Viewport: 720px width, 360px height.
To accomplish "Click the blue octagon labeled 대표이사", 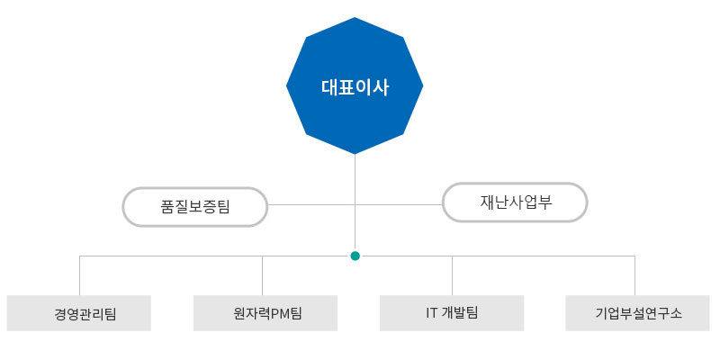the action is [355, 85].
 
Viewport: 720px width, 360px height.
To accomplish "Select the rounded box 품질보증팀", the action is [194, 207].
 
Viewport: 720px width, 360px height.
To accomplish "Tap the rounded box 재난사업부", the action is [515, 202].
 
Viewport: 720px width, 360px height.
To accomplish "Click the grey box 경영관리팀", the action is [79, 313].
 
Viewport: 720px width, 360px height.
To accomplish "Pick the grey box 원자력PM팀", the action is [265, 313].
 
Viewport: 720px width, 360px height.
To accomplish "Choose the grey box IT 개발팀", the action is [452, 313].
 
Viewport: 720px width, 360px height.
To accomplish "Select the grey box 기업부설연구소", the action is [637, 313].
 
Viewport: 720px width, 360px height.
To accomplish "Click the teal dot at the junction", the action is [355, 256].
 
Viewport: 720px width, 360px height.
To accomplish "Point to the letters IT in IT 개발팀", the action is [431, 312].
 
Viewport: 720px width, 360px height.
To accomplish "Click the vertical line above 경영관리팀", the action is [80, 275].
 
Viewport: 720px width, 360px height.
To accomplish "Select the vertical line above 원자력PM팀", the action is [262, 275].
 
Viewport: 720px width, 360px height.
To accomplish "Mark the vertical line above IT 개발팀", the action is [453, 275].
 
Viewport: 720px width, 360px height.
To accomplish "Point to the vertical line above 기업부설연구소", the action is [635, 275].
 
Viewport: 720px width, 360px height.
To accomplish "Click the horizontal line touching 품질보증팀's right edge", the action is [311, 205].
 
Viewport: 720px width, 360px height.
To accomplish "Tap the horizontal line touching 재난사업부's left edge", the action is [399, 205].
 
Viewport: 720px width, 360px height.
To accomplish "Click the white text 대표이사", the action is [355, 87].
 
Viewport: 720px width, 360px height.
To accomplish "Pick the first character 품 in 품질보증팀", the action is [166, 207].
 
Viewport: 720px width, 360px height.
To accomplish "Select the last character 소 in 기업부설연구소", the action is [676, 313].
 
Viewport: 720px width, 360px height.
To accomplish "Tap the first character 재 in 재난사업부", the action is [487, 202].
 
